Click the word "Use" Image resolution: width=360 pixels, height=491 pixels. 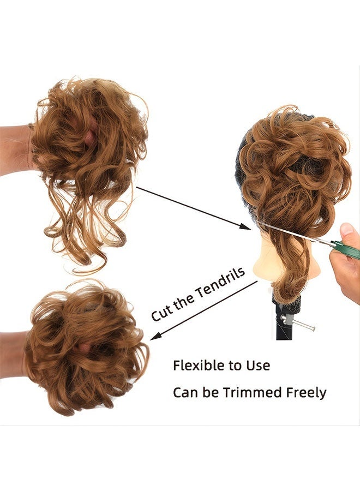tap(258, 366)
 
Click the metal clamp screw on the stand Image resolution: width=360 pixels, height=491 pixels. tap(297, 323)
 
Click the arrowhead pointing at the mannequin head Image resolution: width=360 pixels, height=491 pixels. tap(245, 227)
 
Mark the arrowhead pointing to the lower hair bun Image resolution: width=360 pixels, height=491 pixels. tap(156, 336)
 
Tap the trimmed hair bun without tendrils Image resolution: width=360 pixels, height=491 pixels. tap(86, 348)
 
